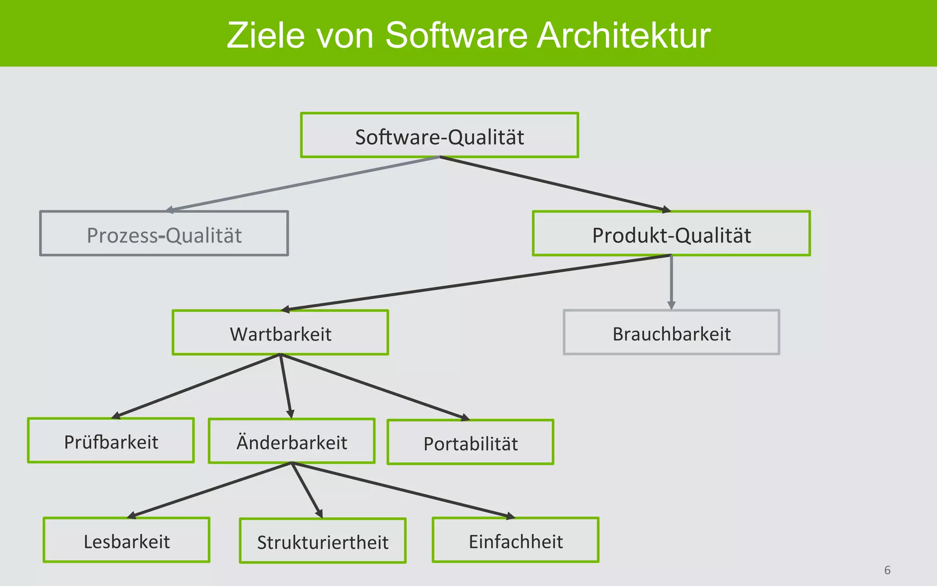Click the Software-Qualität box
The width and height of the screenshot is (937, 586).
[439, 136]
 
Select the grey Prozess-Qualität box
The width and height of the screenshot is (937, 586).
[164, 233]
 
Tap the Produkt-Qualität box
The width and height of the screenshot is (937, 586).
[671, 233]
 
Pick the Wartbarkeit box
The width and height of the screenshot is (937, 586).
[280, 333]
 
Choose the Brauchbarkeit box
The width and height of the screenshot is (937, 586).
[671, 333]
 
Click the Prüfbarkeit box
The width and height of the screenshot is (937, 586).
[111, 441]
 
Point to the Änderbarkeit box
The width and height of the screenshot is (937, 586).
[291, 441]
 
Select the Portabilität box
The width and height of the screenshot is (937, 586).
[470, 443]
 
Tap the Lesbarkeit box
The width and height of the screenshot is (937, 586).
[126, 541]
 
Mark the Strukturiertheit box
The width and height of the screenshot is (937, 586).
[323, 541]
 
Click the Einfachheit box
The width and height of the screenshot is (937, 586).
[516, 541]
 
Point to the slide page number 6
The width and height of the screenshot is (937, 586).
[887, 570]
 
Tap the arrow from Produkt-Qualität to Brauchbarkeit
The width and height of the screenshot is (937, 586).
[671, 282]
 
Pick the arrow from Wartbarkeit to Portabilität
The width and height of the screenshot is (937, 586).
[375, 387]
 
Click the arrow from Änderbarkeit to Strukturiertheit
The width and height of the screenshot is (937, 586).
[307, 490]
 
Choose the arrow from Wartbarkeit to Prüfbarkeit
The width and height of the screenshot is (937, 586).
[196, 385]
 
